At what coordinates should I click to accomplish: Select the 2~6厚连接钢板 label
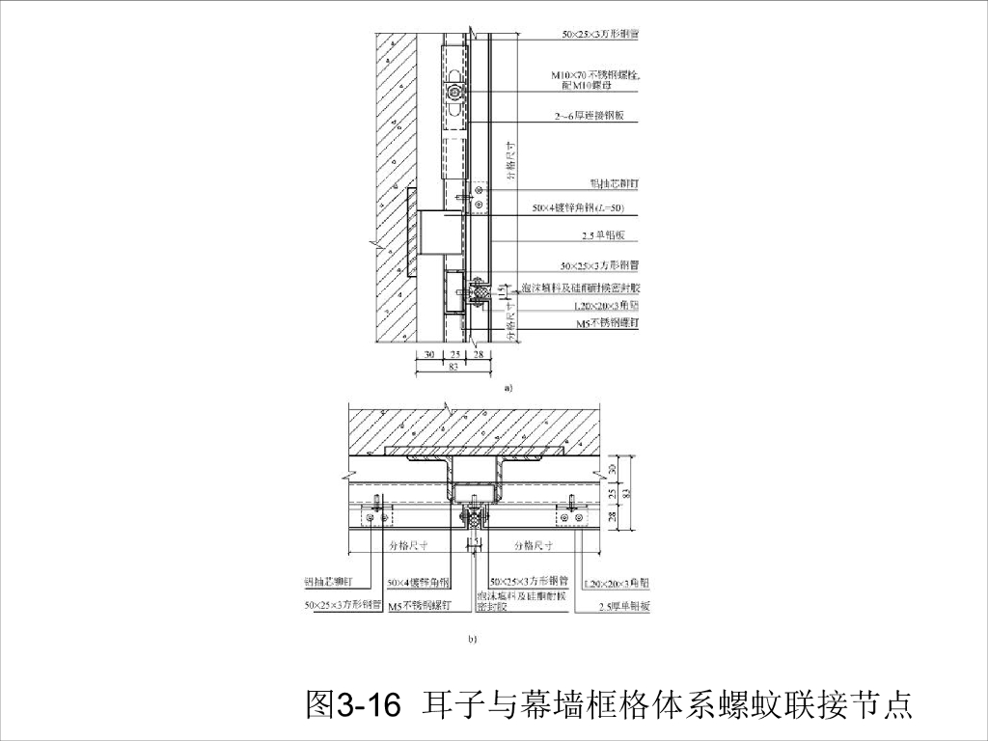point(590,116)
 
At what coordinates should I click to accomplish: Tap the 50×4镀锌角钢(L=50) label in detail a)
point(578,208)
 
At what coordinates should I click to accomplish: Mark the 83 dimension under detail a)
point(453,367)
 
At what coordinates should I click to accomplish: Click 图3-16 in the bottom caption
point(352,705)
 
